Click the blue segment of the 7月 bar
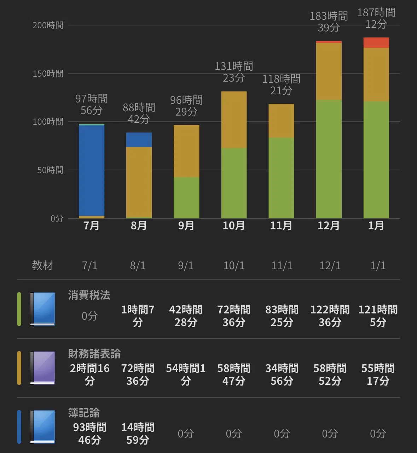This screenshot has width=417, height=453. coord(92,171)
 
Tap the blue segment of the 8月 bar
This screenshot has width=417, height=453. coord(139,140)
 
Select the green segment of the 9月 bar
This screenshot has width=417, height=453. coord(186,198)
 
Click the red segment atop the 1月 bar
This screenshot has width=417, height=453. coord(376,43)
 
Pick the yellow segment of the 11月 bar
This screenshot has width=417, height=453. coord(281,121)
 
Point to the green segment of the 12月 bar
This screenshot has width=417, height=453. coord(329,159)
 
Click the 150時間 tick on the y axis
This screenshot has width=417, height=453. coord(48,73)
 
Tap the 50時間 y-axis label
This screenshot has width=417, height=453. coord(50,170)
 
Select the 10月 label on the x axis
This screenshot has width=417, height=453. coord(233,225)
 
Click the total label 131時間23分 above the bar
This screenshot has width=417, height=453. coord(234,72)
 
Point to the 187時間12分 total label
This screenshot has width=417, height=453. coord(376,18)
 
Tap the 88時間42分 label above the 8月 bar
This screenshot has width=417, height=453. coord(139,113)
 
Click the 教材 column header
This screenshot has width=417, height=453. coord(42,265)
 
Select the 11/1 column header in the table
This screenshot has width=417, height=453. coord(282,266)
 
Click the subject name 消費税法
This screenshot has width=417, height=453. coord(89,295)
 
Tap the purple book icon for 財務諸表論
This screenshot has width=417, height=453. coord(42,368)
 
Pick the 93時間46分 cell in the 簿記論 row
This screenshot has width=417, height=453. coord(89,434)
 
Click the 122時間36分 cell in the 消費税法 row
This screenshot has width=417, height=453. coord(330,316)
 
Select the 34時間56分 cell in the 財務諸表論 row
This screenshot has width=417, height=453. coord(282,375)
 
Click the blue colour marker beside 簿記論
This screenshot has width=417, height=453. coord(19,427)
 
